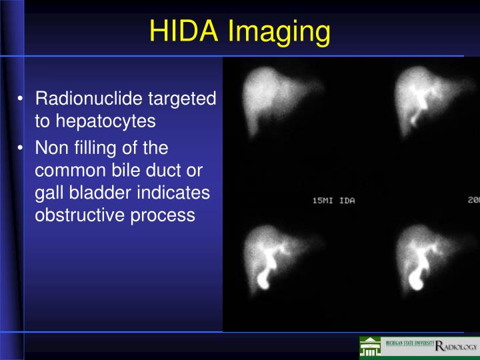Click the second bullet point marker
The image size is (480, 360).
click(x=22, y=147)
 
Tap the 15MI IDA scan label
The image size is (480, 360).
click(x=334, y=201)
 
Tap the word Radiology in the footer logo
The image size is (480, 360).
click(x=456, y=347)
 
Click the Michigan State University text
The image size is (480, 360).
click(x=407, y=343)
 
